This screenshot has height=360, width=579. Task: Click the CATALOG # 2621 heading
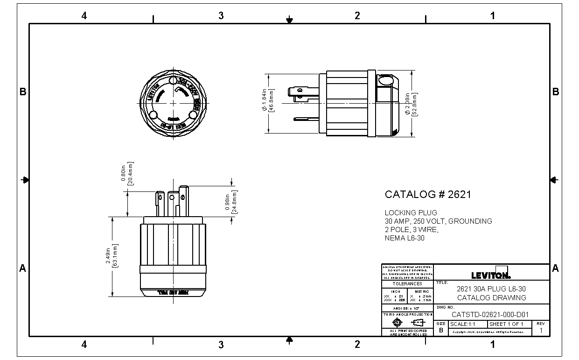(x=427, y=194)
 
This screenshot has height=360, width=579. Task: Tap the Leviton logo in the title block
(x=491, y=275)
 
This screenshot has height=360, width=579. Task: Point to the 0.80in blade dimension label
(x=127, y=174)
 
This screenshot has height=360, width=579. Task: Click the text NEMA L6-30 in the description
(x=405, y=238)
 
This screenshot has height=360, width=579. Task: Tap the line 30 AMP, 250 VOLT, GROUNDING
(x=438, y=221)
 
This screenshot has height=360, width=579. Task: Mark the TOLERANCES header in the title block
(x=407, y=283)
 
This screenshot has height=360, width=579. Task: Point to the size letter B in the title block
(x=441, y=330)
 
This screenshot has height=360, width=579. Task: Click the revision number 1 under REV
(x=541, y=331)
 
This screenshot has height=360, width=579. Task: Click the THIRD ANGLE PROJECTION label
(x=407, y=315)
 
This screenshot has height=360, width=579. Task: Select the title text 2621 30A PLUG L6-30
(x=491, y=289)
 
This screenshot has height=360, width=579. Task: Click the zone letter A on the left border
(x=22, y=268)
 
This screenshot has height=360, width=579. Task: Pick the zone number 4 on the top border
(x=84, y=16)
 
